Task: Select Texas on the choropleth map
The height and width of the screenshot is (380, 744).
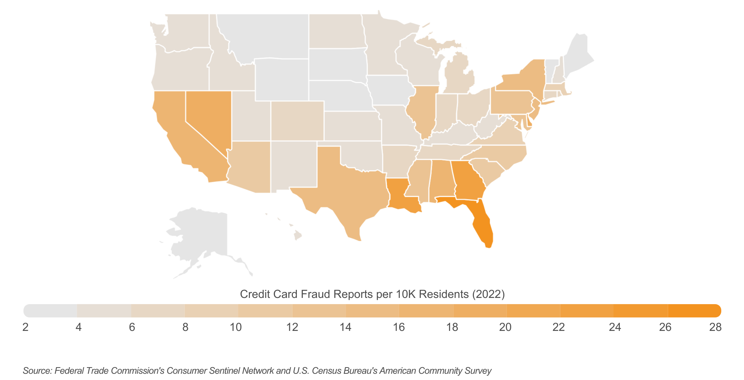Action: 348,191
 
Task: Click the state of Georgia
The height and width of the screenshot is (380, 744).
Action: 467,180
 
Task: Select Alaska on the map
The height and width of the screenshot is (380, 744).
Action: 202,235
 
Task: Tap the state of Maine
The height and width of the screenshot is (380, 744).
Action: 577,55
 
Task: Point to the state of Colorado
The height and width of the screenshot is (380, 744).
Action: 297,121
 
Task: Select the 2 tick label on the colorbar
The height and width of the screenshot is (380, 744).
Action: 25,327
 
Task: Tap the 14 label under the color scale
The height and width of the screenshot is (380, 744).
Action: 346,327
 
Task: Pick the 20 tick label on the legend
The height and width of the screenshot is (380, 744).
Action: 505,327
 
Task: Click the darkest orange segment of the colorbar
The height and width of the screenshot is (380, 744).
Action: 694,311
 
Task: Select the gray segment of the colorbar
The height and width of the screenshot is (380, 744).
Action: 51,311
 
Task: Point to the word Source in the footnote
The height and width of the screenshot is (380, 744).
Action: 37,371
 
